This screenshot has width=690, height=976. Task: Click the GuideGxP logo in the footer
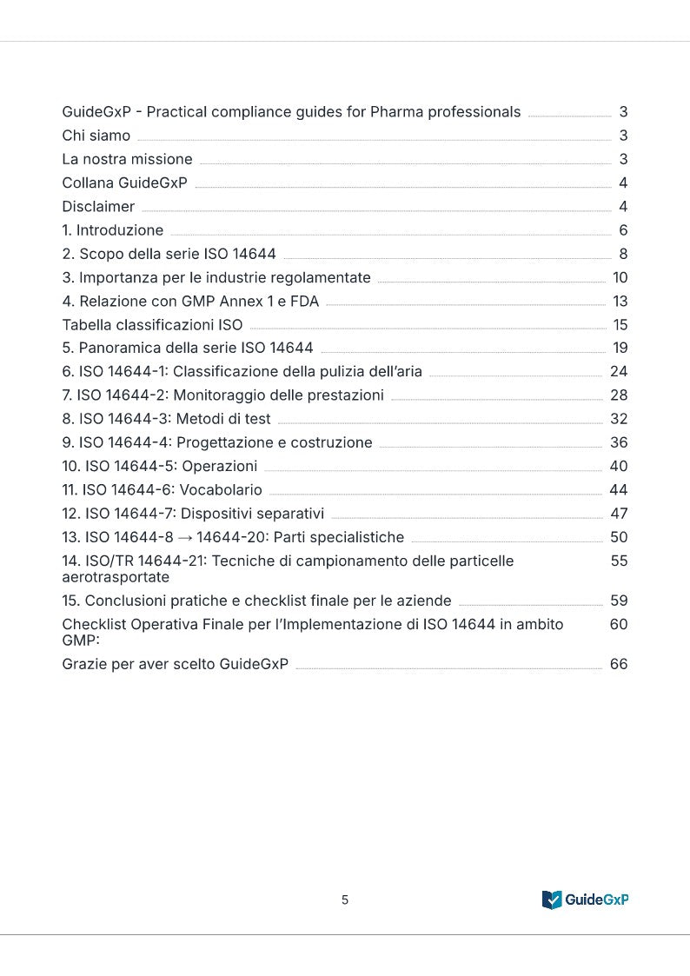[585, 900]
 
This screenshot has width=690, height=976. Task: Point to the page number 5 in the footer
[345, 900]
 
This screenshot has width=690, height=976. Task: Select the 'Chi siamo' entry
[96, 136]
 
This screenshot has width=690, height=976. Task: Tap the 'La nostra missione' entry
[127, 159]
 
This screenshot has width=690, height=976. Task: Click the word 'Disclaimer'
[98, 207]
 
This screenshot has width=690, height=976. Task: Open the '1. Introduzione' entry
[112, 230]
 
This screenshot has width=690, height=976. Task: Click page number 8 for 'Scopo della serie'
[623, 254]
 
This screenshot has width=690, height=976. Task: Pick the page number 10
[620, 277]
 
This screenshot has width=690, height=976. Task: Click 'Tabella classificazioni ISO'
[152, 325]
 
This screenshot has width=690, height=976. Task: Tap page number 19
[620, 349]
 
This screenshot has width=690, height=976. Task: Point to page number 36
[619, 442]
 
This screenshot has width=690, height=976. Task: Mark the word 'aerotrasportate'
[116, 577]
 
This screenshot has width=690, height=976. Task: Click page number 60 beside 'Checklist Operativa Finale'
[619, 624]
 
